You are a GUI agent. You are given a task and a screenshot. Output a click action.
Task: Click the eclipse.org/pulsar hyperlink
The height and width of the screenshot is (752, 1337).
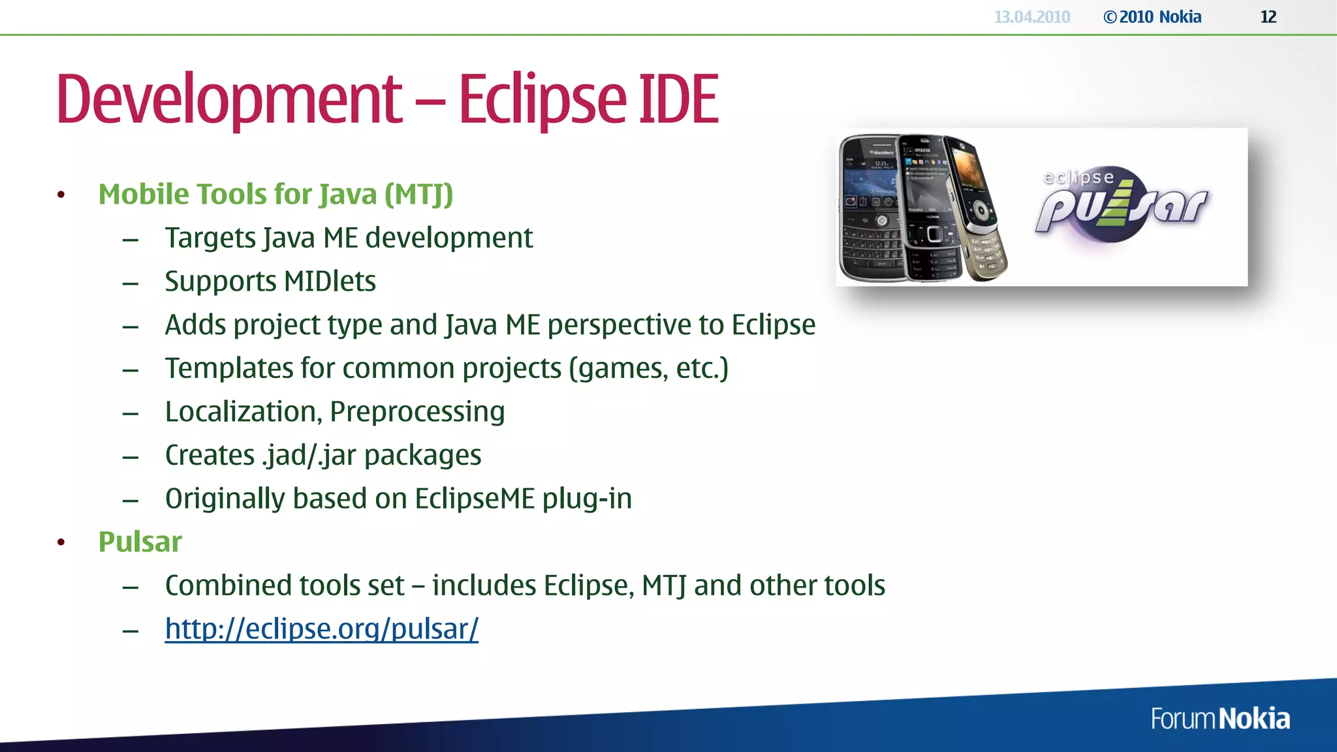321,629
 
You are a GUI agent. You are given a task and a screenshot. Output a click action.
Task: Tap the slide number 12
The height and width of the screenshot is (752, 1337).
1268,17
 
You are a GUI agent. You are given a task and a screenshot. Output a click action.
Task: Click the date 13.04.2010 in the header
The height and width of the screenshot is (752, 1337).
1031,17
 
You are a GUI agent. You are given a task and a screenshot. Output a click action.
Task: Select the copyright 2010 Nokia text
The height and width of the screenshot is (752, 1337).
1152,17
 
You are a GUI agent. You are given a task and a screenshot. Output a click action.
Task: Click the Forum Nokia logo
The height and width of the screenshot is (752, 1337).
1219,719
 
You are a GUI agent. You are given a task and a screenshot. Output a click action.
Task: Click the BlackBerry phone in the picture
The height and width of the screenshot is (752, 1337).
872,209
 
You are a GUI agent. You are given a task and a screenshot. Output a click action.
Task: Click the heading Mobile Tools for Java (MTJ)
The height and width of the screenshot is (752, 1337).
275,195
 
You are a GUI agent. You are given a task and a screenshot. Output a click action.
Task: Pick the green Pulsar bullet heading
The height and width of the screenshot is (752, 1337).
140,542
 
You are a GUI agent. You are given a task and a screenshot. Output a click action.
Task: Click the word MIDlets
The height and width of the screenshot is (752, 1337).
330,281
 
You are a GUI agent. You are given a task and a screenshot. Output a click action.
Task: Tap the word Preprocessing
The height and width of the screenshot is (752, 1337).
417,412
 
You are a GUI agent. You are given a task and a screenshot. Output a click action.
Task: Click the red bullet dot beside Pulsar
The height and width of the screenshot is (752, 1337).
61,542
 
